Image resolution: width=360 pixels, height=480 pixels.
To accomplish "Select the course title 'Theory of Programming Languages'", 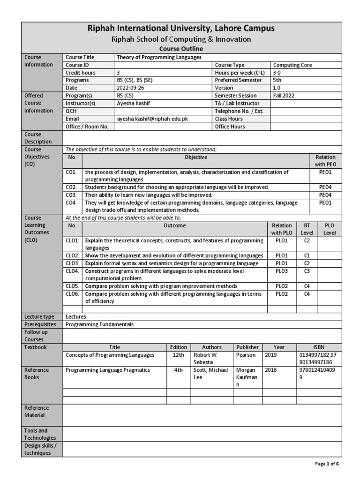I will (159, 57).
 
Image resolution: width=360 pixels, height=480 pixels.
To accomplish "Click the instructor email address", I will (152, 119).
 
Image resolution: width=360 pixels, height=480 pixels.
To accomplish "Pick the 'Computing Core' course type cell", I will (293, 65).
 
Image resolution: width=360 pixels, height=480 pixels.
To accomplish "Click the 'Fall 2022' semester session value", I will (285, 96).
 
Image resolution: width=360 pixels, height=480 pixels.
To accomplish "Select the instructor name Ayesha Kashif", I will (133, 104).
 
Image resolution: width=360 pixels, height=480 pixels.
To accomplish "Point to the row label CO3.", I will (72, 195).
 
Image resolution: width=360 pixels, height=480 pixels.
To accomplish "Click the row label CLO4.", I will (73, 271).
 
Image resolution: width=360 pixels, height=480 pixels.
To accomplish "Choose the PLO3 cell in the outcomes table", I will (281, 271).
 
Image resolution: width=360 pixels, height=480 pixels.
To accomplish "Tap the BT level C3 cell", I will (307, 271).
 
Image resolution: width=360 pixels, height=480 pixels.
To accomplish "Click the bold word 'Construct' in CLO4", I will (97, 271).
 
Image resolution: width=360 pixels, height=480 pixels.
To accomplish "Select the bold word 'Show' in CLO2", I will (92, 255).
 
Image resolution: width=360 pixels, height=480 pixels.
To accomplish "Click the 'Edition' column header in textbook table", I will (178, 347).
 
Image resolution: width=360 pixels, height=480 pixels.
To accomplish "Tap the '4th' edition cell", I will (178, 370).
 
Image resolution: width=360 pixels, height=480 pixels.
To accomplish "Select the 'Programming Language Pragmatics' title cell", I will (107, 370).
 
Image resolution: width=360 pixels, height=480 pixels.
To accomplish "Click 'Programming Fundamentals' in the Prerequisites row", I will (99, 324).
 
